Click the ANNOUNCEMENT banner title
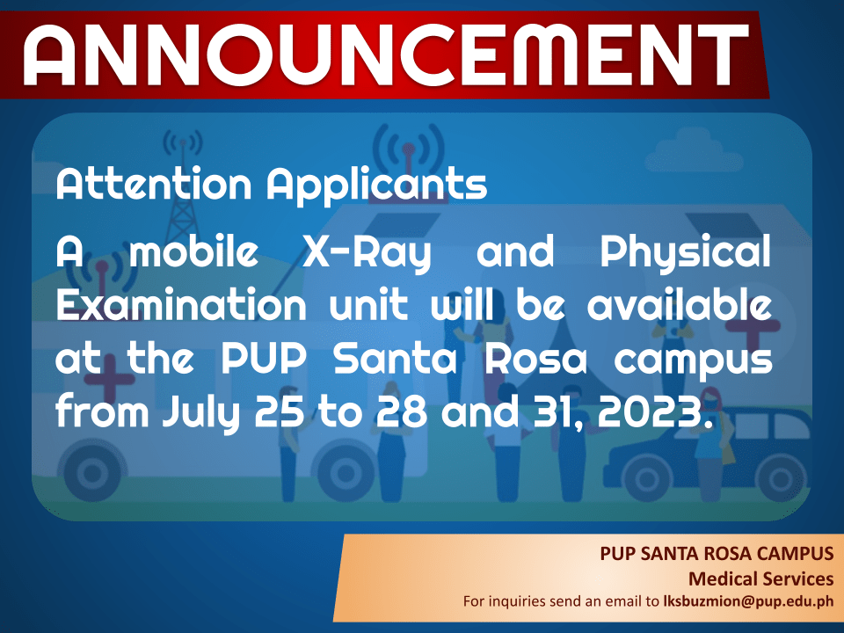coord(385,55)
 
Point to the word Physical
coord(686,252)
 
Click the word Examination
coord(181,305)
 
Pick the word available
coord(680,304)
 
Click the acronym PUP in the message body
coord(265,359)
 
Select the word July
coord(201,413)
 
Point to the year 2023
coord(655,411)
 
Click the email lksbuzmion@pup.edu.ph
coord(748,601)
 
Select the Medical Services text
coord(761,578)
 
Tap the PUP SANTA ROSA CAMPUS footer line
coord(717,553)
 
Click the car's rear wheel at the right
coord(780,476)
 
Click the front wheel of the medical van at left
coord(92,474)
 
